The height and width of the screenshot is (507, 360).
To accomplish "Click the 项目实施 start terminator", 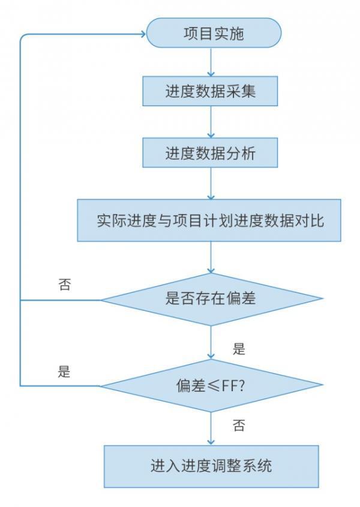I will [x=214, y=32].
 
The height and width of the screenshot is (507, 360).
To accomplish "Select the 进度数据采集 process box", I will [x=210, y=91].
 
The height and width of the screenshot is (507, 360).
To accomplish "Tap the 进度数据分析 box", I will [x=210, y=154].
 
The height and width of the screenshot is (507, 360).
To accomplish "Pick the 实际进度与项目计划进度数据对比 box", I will [x=209, y=220].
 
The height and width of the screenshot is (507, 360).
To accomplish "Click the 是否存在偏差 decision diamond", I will [x=211, y=298].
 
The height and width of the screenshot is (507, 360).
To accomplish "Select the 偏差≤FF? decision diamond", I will [x=211, y=385].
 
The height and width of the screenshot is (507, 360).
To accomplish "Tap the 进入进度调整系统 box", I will [x=211, y=466].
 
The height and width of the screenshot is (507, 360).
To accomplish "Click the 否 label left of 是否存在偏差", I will [x=64, y=284].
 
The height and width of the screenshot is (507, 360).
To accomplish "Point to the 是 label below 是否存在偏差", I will [x=239, y=348].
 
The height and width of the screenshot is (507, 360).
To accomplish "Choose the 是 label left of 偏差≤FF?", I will [x=64, y=371].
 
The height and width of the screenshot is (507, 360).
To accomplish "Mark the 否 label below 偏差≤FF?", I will [x=239, y=426].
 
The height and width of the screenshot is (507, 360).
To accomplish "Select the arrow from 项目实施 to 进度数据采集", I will [x=211, y=62].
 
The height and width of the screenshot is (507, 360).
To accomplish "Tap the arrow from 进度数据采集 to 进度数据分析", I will [x=211, y=122].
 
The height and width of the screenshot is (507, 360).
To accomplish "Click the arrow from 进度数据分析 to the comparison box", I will [x=211, y=184].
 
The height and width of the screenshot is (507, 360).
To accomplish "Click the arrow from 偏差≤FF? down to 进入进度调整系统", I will [x=211, y=428].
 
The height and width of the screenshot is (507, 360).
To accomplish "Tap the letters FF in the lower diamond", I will [x=230, y=385].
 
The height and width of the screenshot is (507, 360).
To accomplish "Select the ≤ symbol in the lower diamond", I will [x=214, y=385].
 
